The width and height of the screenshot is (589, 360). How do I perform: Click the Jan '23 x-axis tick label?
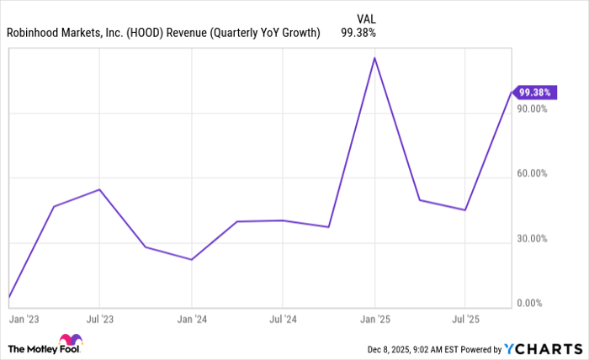(x=21, y=320)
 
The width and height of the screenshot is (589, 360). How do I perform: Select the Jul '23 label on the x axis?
(x=99, y=320)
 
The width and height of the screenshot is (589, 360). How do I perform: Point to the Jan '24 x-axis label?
(x=192, y=320)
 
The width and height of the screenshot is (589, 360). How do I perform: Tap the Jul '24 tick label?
(x=282, y=320)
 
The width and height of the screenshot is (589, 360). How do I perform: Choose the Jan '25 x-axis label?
(x=374, y=320)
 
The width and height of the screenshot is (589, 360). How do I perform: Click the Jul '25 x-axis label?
(x=464, y=320)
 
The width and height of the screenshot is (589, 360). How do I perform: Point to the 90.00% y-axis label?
(x=531, y=109)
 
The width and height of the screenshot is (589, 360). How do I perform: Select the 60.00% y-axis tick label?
(x=531, y=173)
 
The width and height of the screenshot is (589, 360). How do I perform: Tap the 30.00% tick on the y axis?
(x=531, y=238)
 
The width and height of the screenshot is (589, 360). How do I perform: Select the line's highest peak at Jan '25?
(x=374, y=57)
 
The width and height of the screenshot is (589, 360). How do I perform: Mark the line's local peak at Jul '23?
(x=99, y=189)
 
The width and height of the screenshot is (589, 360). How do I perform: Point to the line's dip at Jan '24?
(x=192, y=259)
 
